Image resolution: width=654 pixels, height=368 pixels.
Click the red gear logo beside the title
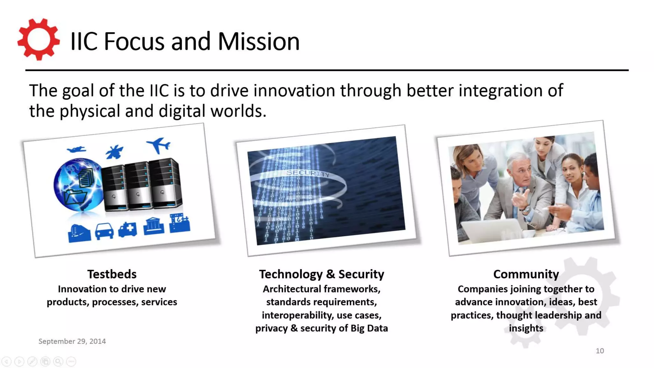click(38, 40)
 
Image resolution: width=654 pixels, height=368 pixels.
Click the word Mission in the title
click(259, 42)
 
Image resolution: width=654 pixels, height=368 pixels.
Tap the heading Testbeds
click(112, 274)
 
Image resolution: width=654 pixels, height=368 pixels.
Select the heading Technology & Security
click(321, 274)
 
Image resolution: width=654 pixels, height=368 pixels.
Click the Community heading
click(526, 274)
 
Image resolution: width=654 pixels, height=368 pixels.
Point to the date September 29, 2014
click(72, 341)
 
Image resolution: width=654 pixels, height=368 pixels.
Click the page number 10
click(599, 351)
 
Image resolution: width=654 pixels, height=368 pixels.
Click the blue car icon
click(104, 231)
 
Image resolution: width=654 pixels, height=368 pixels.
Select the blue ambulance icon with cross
click(128, 229)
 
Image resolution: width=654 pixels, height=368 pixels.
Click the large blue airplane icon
click(159, 145)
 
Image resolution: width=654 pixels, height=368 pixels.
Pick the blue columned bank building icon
click(154, 226)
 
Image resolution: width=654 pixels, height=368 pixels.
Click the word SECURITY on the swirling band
click(308, 173)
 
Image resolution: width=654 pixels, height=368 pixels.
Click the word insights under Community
click(526, 328)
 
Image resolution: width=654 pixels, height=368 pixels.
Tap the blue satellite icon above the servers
click(114, 152)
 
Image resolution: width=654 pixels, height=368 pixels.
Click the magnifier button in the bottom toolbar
click(58, 361)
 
